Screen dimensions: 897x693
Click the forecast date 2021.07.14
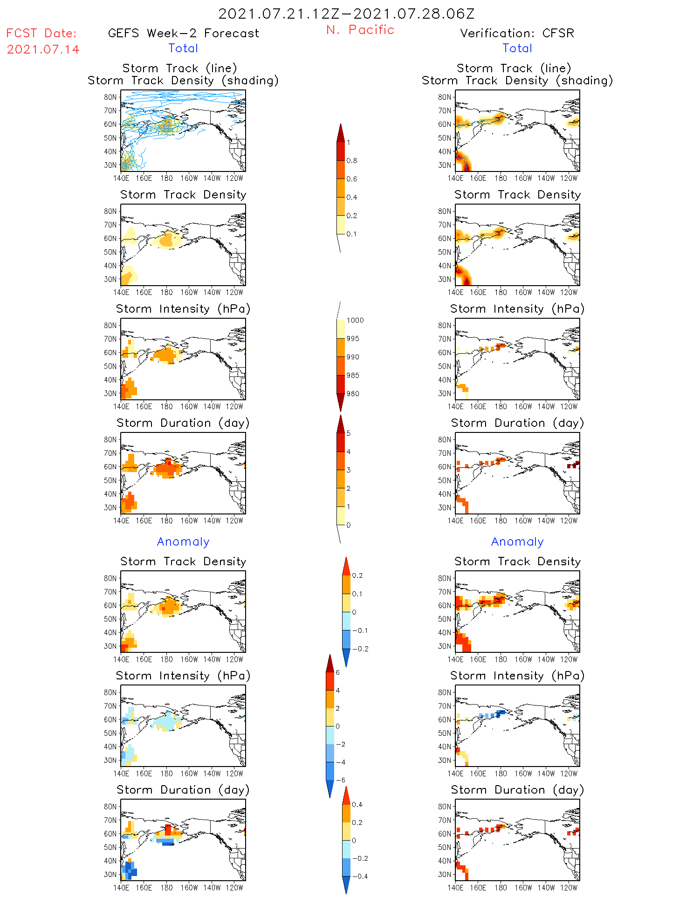(x=43, y=49)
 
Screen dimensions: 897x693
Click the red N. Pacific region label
(x=360, y=30)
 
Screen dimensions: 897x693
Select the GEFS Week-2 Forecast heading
(x=183, y=33)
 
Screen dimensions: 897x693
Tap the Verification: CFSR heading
(x=517, y=33)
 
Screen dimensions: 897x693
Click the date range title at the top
(x=346, y=14)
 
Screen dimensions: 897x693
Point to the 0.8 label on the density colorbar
(x=352, y=161)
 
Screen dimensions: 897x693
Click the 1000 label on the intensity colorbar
(x=355, y=320)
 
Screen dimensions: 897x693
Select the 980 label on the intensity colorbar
(x=353, y=394)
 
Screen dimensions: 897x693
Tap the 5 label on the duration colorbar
(x=349, y=433)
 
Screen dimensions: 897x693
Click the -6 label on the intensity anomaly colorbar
(x=340, y=780)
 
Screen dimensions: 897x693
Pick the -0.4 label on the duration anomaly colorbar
(x=360, y=876)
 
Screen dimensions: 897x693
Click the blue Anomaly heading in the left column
(x=183, y=541)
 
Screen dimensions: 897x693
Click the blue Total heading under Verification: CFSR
(x=517, y=48)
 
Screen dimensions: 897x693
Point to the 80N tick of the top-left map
(x=110, y=97)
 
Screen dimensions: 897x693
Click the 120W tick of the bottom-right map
(x=569, y=888)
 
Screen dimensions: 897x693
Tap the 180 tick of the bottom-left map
(x=166, y=888)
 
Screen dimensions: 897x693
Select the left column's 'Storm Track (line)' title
(x=179, y=68)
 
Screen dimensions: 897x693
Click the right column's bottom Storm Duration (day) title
(x=517, y=790)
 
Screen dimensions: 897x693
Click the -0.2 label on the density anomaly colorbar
(x=360, y=649)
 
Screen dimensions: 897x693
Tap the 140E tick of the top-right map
(x=455, y=178)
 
